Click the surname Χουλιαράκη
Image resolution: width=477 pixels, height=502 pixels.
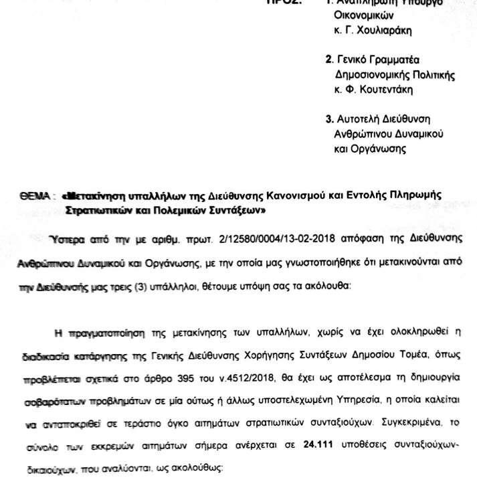(384, 30)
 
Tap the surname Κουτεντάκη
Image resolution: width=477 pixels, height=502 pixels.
(384, 88)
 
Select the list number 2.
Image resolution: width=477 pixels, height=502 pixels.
(328, 59)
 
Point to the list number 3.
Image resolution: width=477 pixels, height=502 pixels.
(328, 120)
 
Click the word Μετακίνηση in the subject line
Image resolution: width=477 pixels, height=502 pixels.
(90, 197)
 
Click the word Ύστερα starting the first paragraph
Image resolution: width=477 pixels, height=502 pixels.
(62, 239)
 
